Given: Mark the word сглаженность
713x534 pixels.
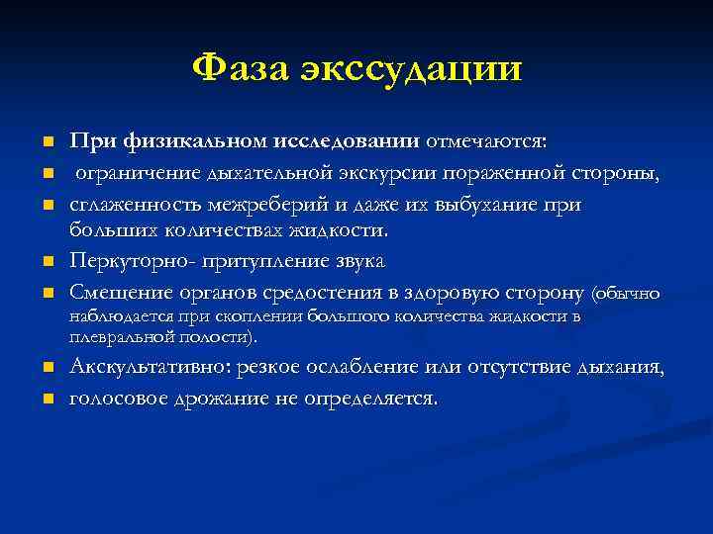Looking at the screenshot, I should tap(131, 205).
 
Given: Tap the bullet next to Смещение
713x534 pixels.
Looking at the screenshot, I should tap(47, 294).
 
